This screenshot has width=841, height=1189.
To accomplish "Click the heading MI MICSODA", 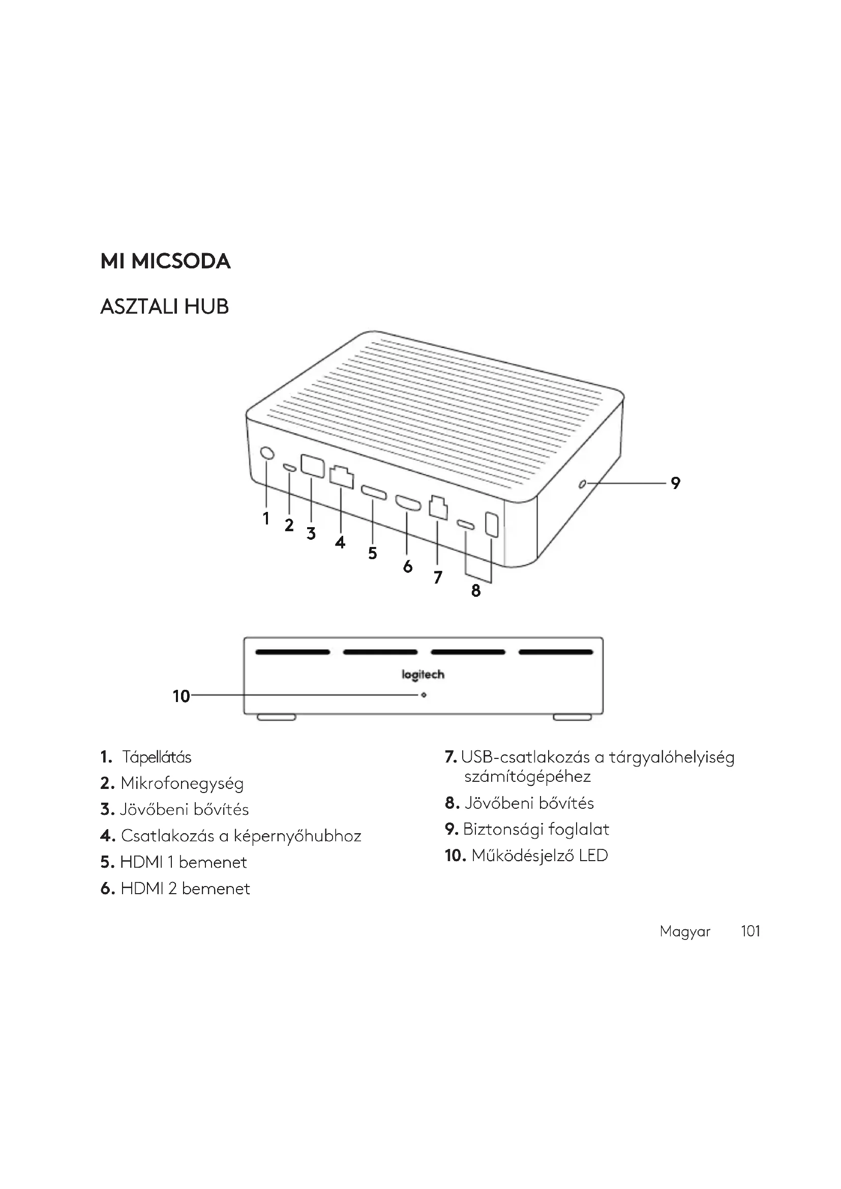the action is click(165, 261).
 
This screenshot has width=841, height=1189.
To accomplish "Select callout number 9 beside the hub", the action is click(675, 483).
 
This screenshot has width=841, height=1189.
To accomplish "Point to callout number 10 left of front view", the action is click(181, 696).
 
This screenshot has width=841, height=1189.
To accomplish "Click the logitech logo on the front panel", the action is click(423, 674).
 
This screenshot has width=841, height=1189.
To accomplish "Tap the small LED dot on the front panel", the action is click(424, 695).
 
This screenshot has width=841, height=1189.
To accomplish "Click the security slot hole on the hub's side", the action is click(582, 484).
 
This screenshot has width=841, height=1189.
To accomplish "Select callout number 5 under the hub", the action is click(372, 553).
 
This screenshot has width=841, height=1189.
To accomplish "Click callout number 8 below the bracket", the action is click(476, 590).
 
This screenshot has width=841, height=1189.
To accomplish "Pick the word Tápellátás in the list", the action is click(157, 757).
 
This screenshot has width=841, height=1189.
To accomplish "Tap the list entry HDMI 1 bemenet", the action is click(184, 862).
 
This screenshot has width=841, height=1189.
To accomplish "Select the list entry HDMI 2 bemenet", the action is click(185, 889).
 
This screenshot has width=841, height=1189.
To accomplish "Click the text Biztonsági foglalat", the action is click(536, 829).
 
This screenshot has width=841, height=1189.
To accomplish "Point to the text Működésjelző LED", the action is click(539, 856).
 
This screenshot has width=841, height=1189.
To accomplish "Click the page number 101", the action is click(750, 931).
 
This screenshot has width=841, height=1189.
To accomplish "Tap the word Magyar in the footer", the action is click(684, 932).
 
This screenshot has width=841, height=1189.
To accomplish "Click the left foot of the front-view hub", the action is click(277, 717).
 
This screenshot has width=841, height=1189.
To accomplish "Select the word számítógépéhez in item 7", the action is click(527, 777).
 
